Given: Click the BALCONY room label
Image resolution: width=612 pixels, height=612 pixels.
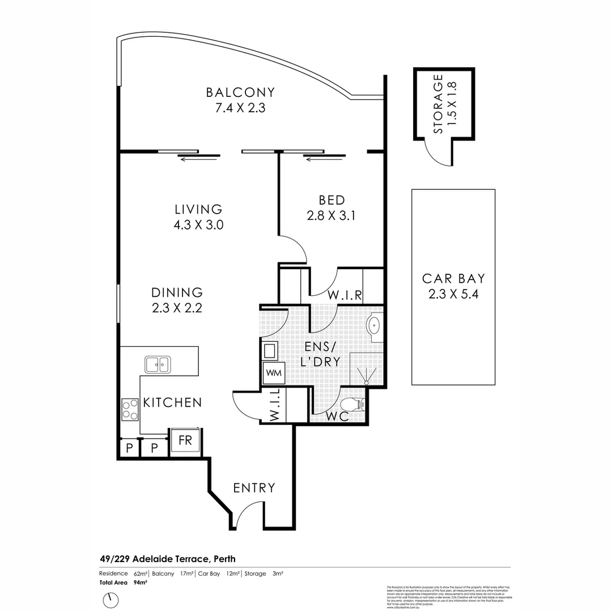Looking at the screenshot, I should click(240, 92).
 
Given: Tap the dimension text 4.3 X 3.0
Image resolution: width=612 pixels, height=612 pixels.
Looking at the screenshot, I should click(198, 224).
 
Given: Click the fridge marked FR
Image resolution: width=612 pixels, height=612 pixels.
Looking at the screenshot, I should click(185, 440).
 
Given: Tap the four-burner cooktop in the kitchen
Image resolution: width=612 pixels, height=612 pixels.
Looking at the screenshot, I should click(130, 409).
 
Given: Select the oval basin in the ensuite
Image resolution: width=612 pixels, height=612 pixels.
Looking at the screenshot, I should click(373, 326).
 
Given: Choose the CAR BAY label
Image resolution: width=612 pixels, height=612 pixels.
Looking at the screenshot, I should click(453, 279).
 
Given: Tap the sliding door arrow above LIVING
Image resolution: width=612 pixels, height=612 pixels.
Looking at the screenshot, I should click(198, 159).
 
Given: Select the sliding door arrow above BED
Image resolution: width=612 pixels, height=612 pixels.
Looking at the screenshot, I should click(324, 159).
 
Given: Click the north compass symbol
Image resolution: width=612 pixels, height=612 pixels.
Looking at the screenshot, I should click(111, 599).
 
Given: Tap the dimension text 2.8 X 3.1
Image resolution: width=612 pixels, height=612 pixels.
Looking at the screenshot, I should click(331, 215).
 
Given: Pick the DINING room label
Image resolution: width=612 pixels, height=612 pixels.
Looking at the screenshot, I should click(177, 292).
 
